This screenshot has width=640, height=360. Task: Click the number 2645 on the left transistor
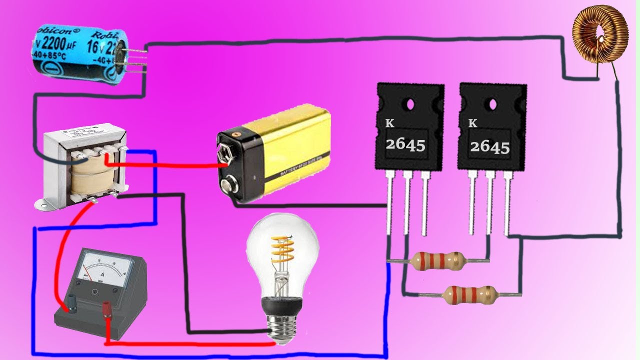click(405, 145)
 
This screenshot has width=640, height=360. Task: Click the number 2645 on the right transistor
click(489, 146)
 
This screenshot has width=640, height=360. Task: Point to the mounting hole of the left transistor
click(410, 104)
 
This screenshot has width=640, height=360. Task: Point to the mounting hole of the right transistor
click(493, 105)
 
